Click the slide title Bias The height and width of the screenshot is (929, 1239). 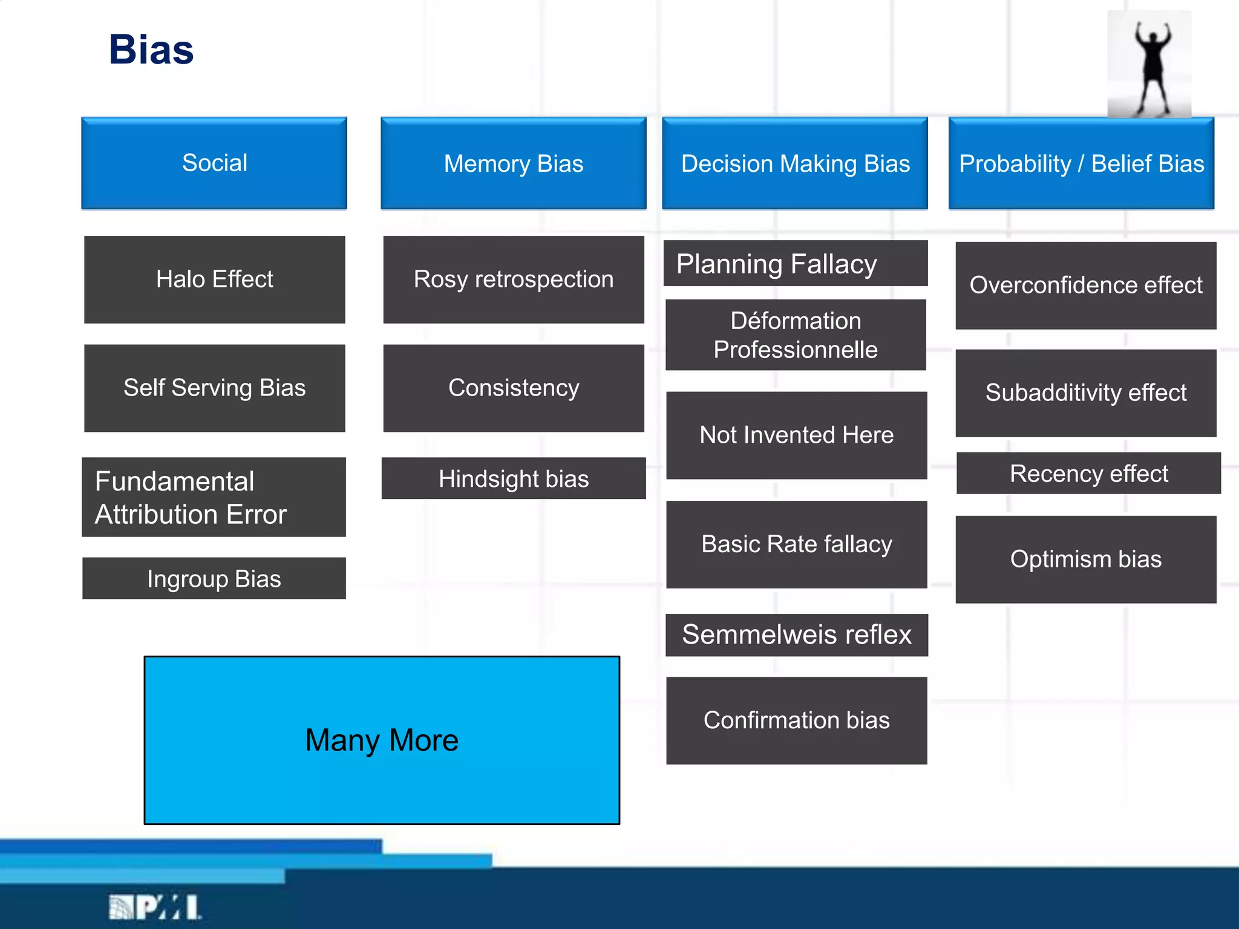[x=151, y=50]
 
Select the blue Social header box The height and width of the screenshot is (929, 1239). [x=214, y=163]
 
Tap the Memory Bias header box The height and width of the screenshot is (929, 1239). [x=513, y=163]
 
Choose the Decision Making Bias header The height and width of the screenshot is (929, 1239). [x=795, y=163]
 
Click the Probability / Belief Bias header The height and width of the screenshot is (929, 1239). [x=1081, y=163]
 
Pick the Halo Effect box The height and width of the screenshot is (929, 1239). [x=214, y=279]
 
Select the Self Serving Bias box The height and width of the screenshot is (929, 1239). [x=214, y=388]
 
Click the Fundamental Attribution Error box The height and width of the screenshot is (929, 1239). [x=214, y=497]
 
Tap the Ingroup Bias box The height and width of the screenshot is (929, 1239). [x=214, y=578]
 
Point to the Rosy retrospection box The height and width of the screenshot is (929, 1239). [x=513, y=279]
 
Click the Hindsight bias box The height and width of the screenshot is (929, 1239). [x=513, y=478]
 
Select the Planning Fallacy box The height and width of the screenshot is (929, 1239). [x=795, y=264]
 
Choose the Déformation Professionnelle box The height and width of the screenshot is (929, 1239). [x=795, y=335]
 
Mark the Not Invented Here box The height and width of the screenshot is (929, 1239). [x=796, y=435]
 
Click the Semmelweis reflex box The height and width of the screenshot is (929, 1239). [x=796, y=635]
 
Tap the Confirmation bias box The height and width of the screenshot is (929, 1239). [x=796, y=720]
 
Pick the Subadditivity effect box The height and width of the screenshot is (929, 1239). [x=1085, y=393]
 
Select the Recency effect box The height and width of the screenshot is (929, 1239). [x=1088, y=474]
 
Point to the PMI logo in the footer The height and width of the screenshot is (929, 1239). [x=155, y=907]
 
